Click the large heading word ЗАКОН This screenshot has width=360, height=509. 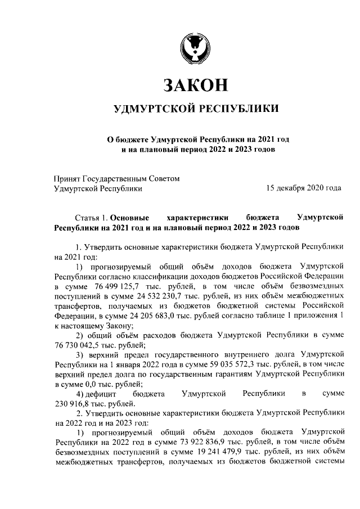(195, 85)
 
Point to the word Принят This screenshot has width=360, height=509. (66, 179)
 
